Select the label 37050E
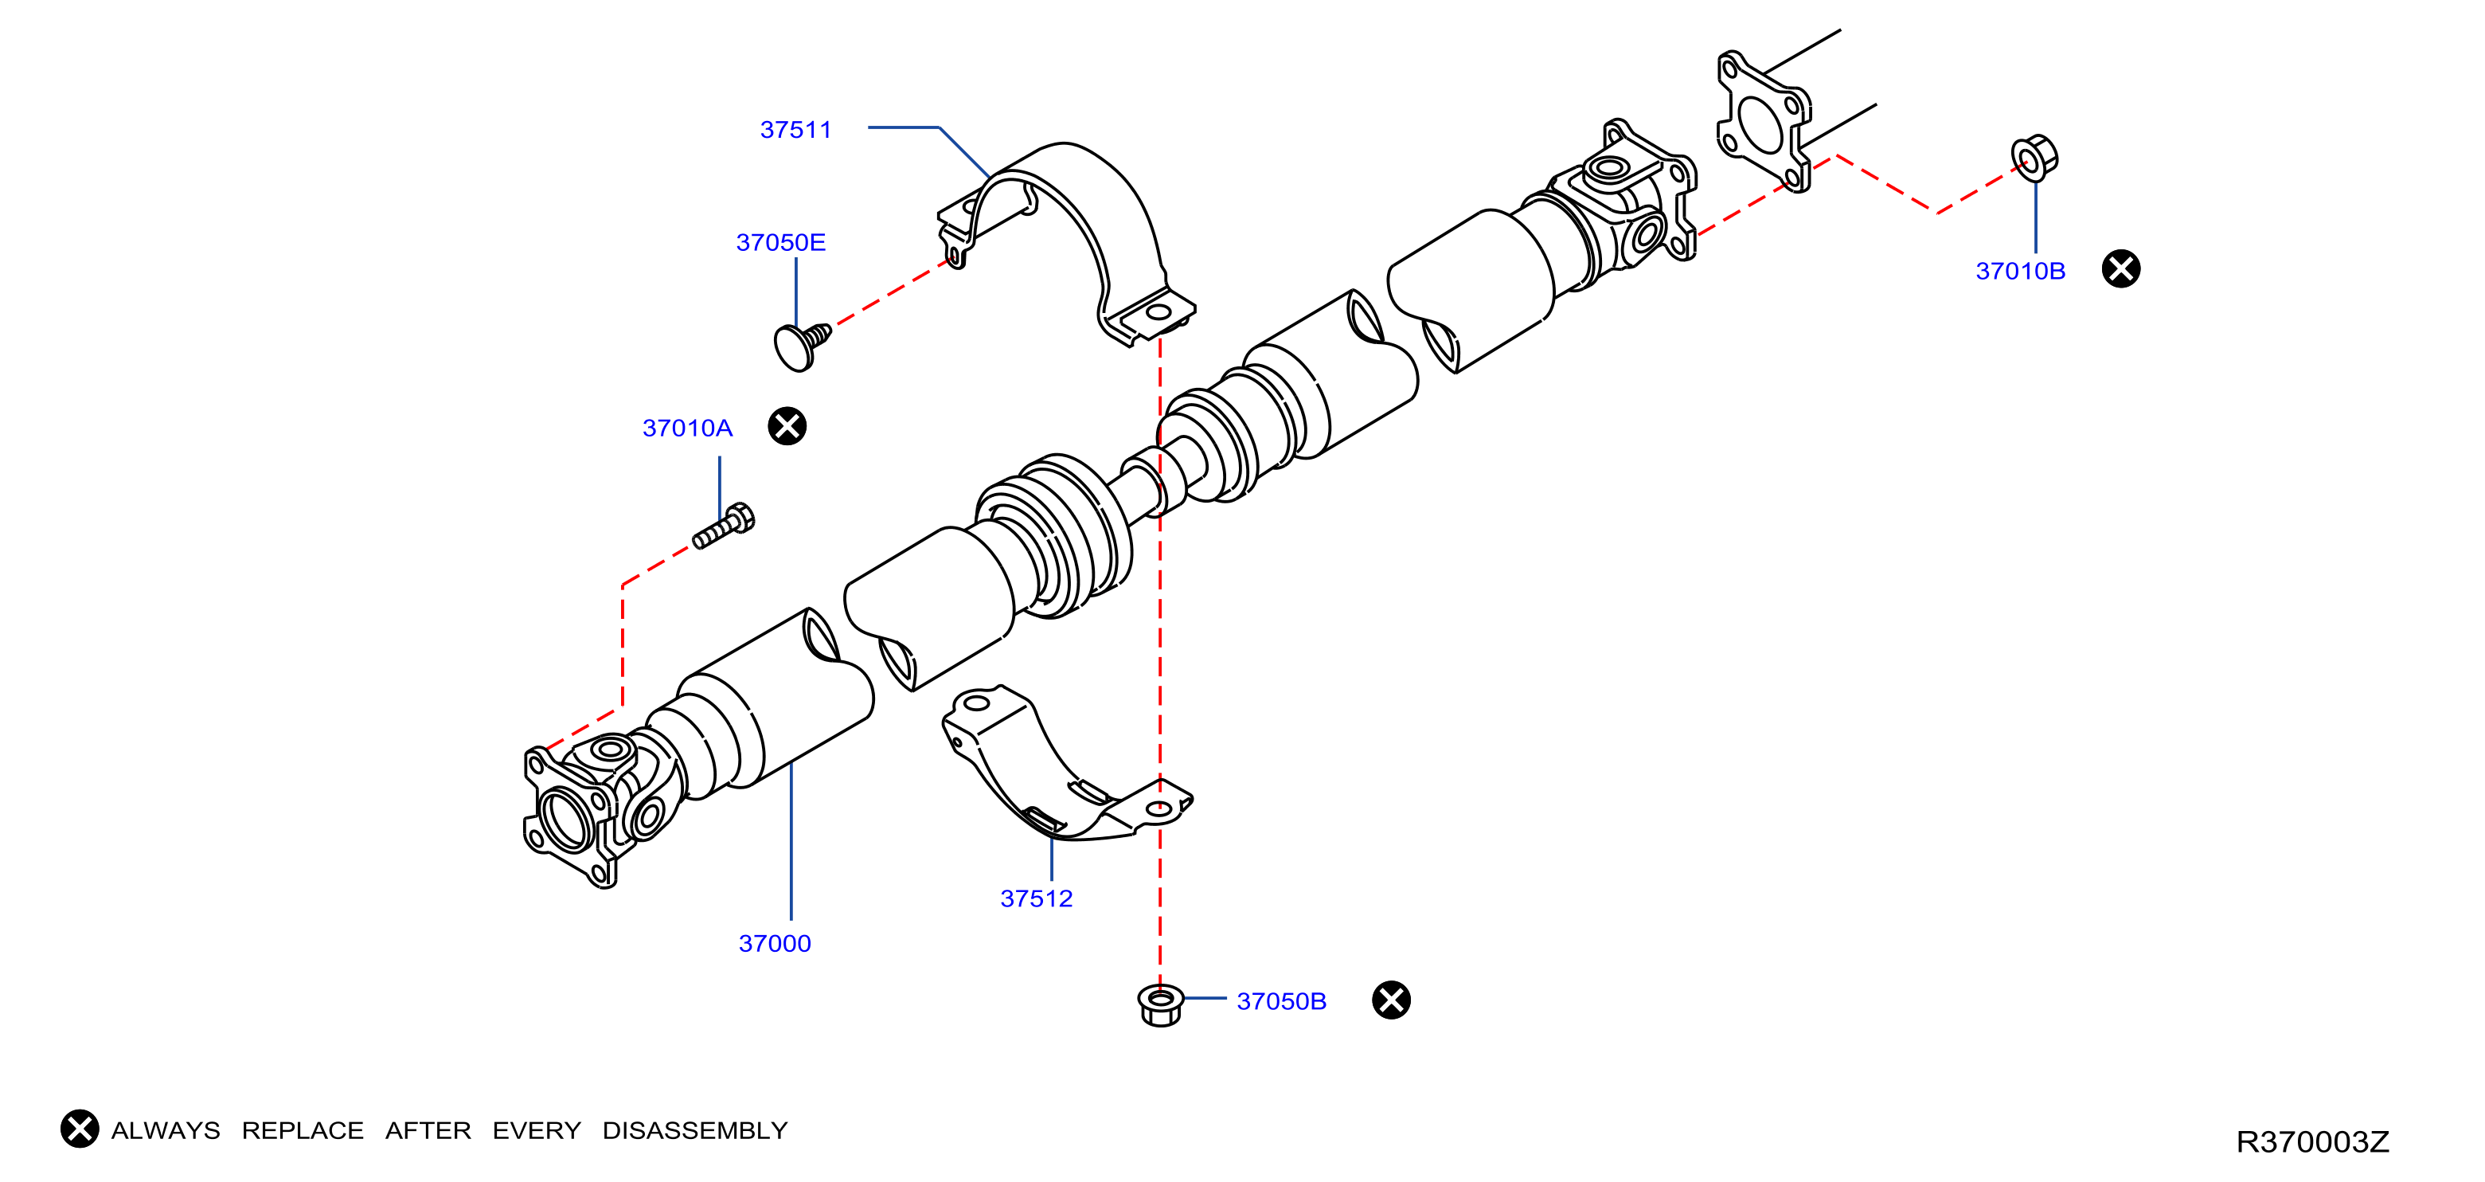click(780, 242)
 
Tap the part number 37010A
click(687, 428)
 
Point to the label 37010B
click(2020, 271)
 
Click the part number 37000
click(775, 944)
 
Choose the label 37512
click(1036, 898)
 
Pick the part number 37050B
click(1281, 1001)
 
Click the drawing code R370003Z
click(2312, 1141)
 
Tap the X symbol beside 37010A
click(787, 425)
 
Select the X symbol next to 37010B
click(2121, 268)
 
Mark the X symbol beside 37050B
click(1391, 1000)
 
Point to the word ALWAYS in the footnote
click(165, 1130)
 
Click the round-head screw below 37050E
click(801, 346)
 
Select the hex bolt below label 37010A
click(725, 526)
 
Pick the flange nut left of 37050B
click(1161, 1004)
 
